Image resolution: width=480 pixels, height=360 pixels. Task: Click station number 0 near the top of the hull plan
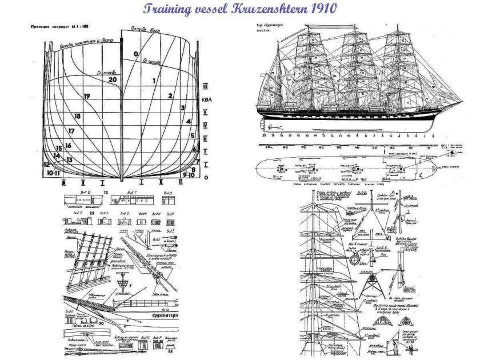136,54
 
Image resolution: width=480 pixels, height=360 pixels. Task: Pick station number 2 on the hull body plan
170,95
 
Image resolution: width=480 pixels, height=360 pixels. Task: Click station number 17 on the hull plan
71,131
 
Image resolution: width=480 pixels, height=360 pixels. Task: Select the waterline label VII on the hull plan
205,86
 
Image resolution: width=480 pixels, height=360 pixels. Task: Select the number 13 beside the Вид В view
106,193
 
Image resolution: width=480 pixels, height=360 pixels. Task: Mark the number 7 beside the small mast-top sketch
130,285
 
